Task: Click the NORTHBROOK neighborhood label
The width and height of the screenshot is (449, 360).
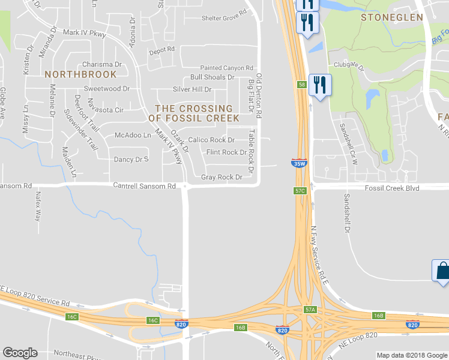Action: (x=80, y=74)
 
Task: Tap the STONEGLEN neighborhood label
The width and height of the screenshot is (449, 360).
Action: (x=392, y=17)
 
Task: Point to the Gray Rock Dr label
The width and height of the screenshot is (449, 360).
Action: (x=221, y=177)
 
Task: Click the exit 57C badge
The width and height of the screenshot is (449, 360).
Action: (x=300, y=190)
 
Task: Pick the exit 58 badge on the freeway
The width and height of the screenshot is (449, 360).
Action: (x=301, y=85)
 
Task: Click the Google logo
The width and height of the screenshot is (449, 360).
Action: (x=20, y=353)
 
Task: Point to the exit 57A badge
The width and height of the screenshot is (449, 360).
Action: (x=310, y=310)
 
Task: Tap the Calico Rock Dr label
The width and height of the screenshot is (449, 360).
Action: (x=211, y=140)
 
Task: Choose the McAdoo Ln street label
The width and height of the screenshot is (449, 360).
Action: (x=133, y=135)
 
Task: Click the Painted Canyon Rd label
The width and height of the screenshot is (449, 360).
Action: (x=227, y=68)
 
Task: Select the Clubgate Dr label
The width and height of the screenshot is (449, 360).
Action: (x=349, y=68)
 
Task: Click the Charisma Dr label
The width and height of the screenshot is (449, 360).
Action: (x=102, y=64)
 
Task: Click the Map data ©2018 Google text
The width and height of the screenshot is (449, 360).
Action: (x=411, y=355)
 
